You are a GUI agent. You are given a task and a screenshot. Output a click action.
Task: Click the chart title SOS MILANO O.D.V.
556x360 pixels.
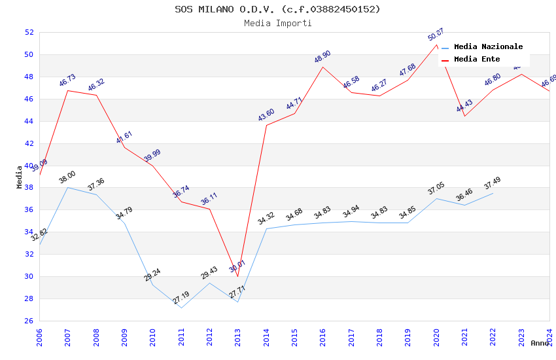(277, 9)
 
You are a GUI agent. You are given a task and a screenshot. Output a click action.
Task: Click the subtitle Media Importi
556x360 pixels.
(277, 23)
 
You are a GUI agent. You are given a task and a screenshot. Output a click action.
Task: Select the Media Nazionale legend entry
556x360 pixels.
(488, 46)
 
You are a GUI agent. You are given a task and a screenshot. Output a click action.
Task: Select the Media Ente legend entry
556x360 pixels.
(477, 59)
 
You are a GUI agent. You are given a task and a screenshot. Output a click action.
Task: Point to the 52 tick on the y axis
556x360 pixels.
(29, 32)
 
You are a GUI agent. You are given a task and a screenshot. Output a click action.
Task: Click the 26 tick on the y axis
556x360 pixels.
(29, 321)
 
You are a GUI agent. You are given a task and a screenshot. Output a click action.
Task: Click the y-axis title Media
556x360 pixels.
(20, 177)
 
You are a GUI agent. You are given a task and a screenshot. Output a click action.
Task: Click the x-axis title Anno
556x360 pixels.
(540, 343)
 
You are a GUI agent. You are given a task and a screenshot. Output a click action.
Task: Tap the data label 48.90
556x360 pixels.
(322, 57)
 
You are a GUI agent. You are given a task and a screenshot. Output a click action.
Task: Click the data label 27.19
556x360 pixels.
(181, 298)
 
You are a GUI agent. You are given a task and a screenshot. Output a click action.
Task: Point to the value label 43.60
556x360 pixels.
(266, 115)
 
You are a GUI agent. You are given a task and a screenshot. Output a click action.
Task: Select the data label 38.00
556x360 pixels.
(67, 177)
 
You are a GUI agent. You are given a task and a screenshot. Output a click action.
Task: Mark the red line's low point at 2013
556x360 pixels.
(238, 276)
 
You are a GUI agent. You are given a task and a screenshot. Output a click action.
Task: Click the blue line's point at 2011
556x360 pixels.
(181, 308)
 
